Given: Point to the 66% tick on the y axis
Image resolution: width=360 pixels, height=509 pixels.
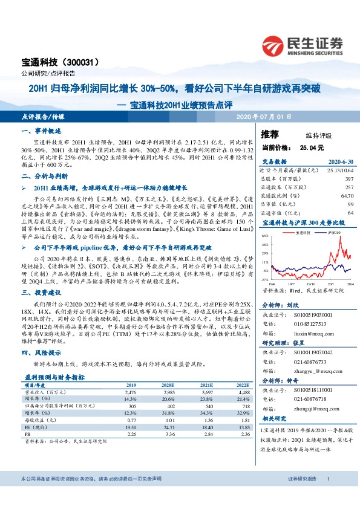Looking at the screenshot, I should [265, 237].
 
